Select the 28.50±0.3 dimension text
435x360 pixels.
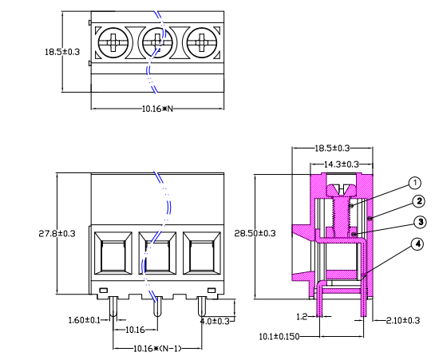255,233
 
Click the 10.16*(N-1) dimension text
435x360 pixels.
156,349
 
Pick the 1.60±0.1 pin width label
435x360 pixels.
85,320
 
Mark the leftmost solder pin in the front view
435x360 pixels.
113,308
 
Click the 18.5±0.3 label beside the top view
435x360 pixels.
61,51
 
